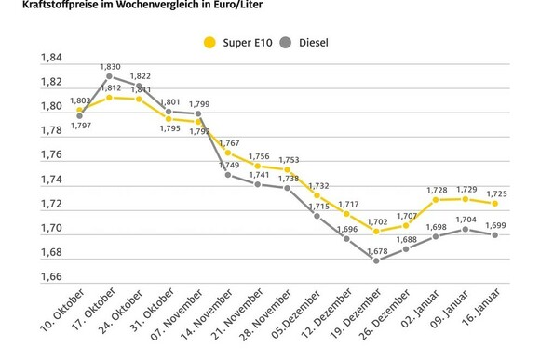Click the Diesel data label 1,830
click(x=110, y=67)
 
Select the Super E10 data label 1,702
click(x=376, y=222)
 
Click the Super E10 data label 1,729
click(x=466, y=190)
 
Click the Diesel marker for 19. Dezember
click(x=376, y=260)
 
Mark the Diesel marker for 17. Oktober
click(x=110, y=77)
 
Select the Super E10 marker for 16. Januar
click(x=495, y=203)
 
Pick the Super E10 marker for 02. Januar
click(x=436, y=199)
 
